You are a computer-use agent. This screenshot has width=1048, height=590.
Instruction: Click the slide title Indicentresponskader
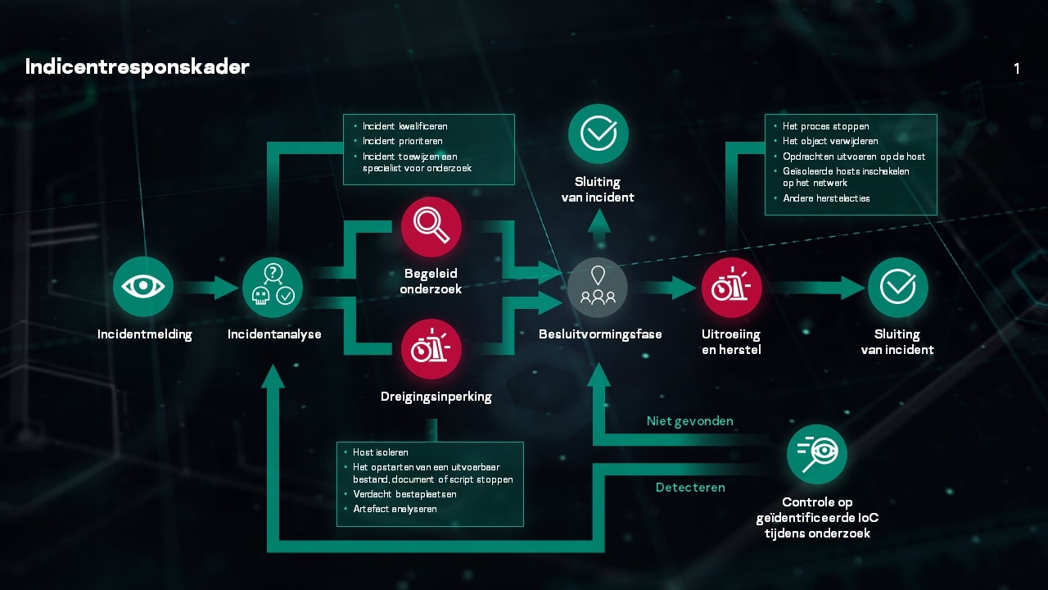point(137,67)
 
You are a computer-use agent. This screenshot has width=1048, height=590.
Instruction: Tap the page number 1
point(1017,69)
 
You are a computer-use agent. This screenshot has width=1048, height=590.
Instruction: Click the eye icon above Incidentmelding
point(143,286)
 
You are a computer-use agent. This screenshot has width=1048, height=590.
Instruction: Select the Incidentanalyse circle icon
point(273,288)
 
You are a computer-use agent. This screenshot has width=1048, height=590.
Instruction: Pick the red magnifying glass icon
point(431,227)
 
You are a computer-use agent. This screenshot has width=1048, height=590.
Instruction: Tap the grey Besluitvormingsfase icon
point(598,288)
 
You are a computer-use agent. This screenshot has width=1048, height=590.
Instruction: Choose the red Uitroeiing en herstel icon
point(731,288)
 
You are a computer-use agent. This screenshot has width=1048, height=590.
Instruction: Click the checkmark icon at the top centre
point(599,134)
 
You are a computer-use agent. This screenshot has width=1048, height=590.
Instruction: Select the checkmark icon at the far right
point(897,288)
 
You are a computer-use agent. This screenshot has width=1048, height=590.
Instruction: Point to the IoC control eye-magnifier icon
point(816,454)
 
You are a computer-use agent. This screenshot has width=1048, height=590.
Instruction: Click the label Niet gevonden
point(689,421)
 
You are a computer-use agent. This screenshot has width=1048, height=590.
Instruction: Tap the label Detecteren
point(690,488)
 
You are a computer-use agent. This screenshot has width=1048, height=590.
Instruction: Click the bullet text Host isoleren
point(381,452)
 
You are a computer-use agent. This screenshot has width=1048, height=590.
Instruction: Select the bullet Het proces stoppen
point(826,126)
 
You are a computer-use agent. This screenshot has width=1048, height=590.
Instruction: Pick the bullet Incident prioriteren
point(404,141)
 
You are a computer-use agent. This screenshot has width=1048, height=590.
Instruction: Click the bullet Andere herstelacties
point(826,198)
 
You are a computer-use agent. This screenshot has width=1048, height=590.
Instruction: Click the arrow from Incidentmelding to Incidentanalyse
point(208,288)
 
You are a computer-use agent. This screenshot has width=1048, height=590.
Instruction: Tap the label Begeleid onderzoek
point(431,281)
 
